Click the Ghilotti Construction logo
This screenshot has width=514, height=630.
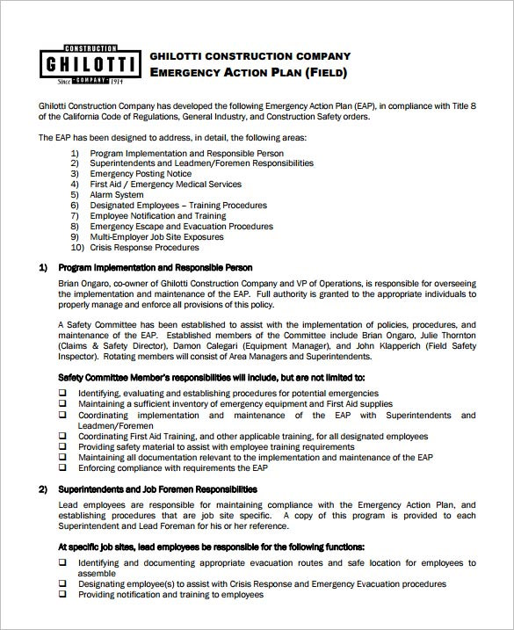tap(90, 64)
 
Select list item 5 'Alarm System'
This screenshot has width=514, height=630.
tap(117, 194)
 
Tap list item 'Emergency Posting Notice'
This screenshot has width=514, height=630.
tap(141, 173)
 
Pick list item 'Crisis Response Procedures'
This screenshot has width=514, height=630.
tap(144, 247)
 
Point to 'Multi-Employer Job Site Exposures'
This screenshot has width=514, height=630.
tap(156, 236)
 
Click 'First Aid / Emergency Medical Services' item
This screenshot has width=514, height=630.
tap(165, 184)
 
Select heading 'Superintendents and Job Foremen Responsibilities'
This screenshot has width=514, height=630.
tap(157, 489)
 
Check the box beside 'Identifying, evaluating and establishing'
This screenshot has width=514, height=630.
tap(62, 393)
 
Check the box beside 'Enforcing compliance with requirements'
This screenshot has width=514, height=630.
tap(62, 468)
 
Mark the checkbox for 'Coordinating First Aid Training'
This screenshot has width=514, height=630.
tap(62, 436)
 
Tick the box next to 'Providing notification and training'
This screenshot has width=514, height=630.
tap(62, 594)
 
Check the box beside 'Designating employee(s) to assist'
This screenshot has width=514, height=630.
tap(62, 583)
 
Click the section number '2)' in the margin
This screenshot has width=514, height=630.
tap(43, 489)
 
